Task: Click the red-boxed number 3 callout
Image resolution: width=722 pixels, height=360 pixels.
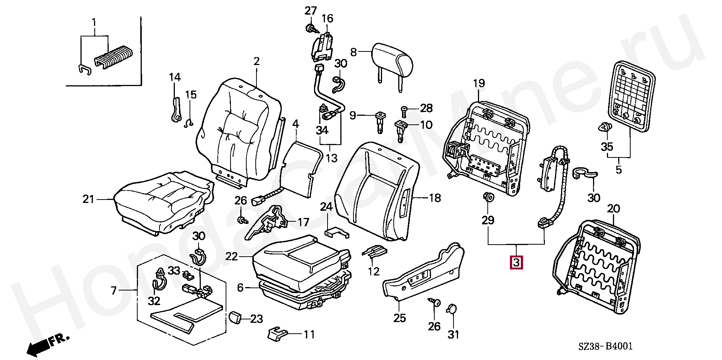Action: (x=516, y=262)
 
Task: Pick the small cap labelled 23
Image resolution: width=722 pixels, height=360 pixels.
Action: (x=235, y=317)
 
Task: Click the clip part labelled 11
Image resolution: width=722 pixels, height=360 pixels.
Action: (x=278, y=333)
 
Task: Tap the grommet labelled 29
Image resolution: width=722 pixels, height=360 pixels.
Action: (x=488, y=197)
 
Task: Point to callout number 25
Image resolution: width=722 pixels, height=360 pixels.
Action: (x=400, y=318)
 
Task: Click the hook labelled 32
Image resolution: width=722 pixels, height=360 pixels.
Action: (x=158, y=284)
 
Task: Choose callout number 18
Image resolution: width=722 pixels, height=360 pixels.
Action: (x=435, y=198)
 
